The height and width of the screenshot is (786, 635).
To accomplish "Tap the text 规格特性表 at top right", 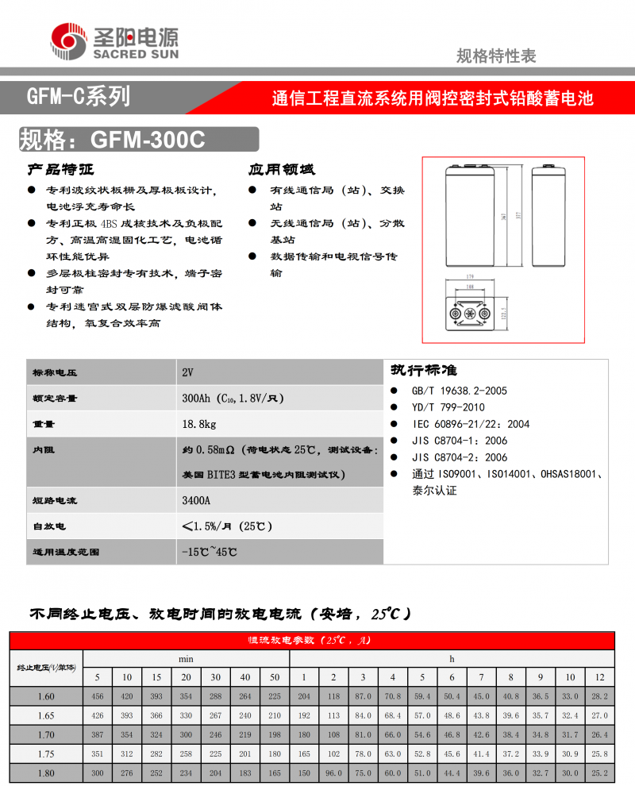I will (496, 56).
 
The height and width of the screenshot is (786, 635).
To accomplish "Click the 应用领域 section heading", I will (281, 170).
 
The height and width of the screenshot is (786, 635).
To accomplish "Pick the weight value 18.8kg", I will (199, 425).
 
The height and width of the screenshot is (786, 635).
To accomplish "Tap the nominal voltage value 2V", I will (187, 373).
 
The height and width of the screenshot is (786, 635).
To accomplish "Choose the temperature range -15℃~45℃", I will (210, 551).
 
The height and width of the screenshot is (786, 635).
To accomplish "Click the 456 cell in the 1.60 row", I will (98, 696).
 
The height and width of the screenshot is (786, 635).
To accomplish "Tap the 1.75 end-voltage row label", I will (46, 753).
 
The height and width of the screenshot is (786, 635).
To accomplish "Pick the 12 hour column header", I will (599, 677).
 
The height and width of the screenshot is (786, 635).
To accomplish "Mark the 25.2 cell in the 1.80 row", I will (599, 771).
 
